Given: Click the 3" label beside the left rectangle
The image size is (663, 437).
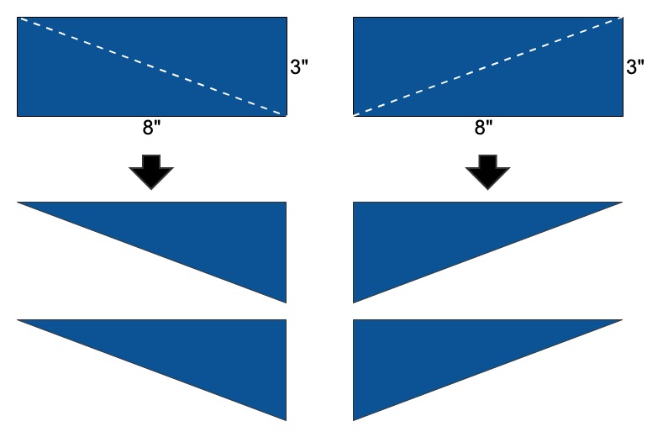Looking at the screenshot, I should [298, 68].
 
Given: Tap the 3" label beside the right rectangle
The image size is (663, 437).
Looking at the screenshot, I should [634, 68].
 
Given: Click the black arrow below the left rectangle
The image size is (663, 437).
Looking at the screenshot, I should [151, 172].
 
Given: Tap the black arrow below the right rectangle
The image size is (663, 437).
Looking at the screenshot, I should [487, 172].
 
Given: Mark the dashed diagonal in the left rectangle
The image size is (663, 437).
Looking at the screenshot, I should [151, 66].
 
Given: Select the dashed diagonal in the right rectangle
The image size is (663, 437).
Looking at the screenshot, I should [487, 66].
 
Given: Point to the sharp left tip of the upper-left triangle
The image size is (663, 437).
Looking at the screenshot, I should [19, 203].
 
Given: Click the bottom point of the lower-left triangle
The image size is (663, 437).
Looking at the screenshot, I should [286, 419].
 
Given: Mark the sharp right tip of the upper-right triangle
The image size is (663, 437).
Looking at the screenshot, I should [620, 203].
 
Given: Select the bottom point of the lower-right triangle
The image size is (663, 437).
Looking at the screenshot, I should [354, 419].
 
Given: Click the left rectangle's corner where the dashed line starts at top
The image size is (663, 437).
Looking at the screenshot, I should [18, 18].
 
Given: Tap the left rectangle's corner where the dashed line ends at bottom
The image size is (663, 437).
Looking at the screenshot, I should [286, 114].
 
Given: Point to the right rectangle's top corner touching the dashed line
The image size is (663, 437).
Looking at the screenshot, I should [621, 18].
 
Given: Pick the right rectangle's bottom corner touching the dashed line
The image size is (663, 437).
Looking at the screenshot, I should [354, 114].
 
